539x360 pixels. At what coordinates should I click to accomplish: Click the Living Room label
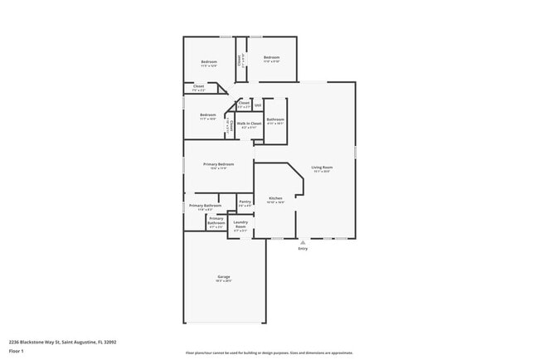pos(321,168)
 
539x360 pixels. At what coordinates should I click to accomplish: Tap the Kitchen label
pos(275,198)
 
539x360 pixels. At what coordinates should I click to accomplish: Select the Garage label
pos(224,276)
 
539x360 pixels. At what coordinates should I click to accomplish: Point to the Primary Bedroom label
pos(219,164)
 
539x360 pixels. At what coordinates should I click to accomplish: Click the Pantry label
pos(245,202)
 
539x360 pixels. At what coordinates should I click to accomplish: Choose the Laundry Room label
pos(240,223)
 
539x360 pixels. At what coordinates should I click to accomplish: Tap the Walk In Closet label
pos(249,124)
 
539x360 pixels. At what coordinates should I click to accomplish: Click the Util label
pos(258,105)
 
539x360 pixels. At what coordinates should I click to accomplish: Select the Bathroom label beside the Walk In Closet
pos(275,119)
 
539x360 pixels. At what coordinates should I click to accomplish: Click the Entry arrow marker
pos(303,242)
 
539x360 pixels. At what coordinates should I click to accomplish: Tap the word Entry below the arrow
pos(303,249)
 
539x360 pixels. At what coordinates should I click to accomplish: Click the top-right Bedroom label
pos(271,57)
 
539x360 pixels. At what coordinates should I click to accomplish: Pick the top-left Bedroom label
pos(209,62)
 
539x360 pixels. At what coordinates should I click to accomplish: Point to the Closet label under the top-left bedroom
pos(199,85)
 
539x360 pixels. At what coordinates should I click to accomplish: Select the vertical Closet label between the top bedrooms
pos(240,60)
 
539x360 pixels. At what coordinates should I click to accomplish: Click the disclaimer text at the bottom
pos(269,353)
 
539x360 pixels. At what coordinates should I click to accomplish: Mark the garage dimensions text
pos(224,281)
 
